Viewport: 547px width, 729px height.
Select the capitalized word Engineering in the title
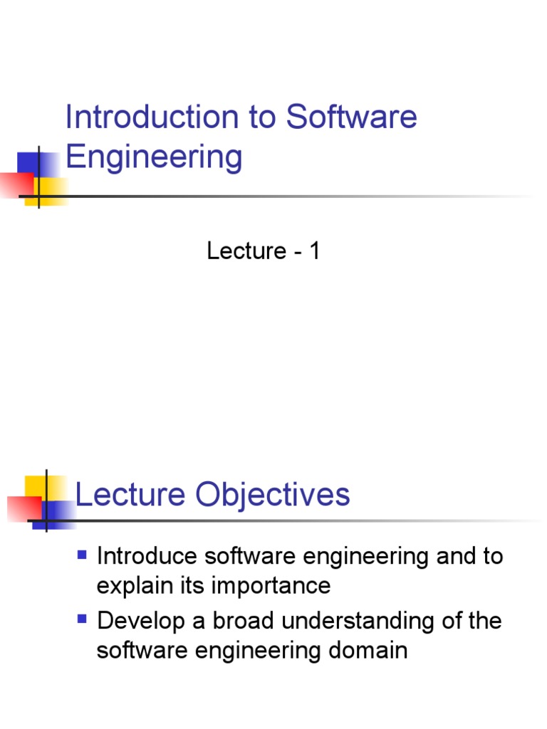click(154, 157)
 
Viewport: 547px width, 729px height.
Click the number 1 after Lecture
click(314, 251)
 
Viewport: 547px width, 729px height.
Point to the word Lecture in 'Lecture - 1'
click(246, 251)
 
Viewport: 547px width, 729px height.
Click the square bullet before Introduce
click(82, 554)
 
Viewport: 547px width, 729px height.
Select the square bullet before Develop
click(82, 619)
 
